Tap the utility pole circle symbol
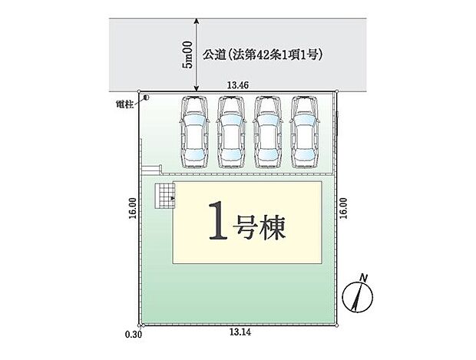pyautogui.click(x=144, y=97)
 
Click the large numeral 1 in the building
pyautogui.click(x=217, y=223)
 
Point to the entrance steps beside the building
pyautogui.click(x=164, y=198)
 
